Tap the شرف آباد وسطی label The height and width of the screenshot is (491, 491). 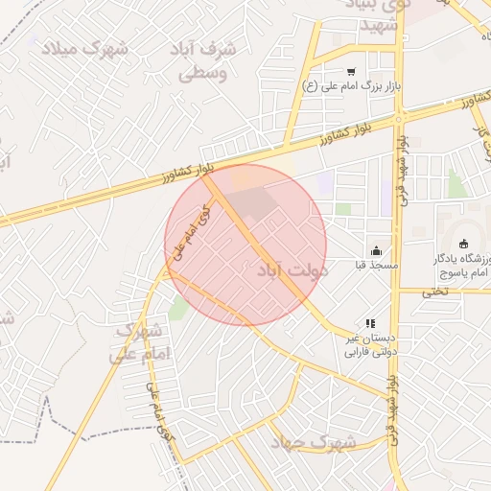point(199,60)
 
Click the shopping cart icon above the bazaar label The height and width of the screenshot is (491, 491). point(351,71)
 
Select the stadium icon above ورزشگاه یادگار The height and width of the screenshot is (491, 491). point(466,244)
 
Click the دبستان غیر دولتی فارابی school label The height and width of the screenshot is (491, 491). point(369,345)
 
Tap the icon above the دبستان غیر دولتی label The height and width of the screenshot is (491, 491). point(370,323)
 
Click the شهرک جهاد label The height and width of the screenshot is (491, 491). point(313,442)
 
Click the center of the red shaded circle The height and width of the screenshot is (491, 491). point(245,245)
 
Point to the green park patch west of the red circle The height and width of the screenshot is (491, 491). point(177,307)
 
